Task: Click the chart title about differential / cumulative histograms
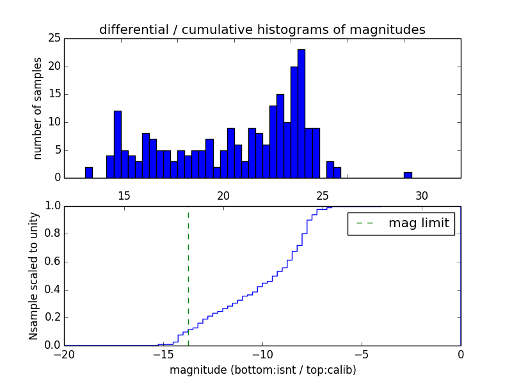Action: coord(262,29)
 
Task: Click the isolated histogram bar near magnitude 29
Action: coord(408,175)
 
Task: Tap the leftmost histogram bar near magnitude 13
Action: coord(89,172)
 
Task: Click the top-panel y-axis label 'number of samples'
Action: coord(38,108)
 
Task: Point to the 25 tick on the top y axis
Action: coord(54,38)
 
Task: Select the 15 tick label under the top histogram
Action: coord(124,196)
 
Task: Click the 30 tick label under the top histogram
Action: coord(422,196)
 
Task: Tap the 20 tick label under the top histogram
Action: coord(223,196)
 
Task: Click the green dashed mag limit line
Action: coord(188,275)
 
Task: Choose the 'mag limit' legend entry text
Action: coord(419,223)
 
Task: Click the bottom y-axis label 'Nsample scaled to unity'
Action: coord(33,276)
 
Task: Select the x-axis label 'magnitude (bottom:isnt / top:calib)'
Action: coord(262,370)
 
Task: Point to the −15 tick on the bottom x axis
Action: coord(163,355)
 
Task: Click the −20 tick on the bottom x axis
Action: coord(64,355)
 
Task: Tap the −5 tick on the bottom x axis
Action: coord(361,355)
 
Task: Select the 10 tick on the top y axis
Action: coord(54,122)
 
